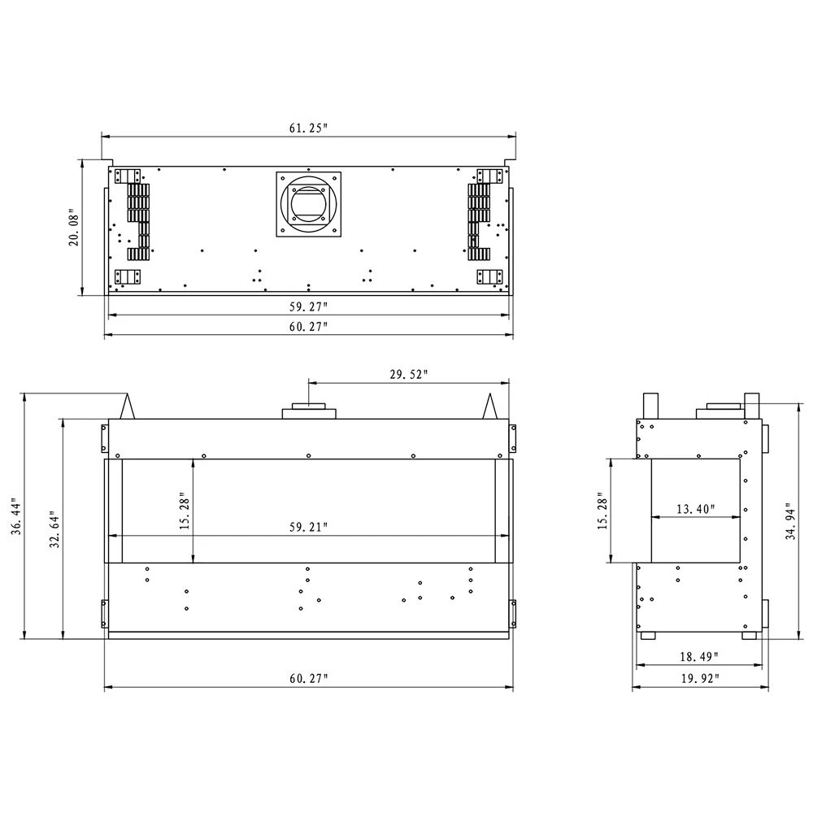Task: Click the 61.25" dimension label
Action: click(307, 128)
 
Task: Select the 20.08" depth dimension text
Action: click(75, 228)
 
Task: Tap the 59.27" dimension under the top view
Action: click(307, 307)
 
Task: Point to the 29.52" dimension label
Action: click(408, 374)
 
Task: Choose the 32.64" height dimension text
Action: click(54, 530)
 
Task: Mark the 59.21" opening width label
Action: click(307, 527)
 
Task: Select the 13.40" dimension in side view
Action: click(695, 510)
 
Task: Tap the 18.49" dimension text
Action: click(698, 656)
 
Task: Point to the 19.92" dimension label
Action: click(698, 679)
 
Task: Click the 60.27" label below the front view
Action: click(307, 679)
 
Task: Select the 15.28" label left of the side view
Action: click(602, 511)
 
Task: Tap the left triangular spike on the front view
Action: click(128, 406)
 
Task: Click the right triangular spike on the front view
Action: click(490, 406)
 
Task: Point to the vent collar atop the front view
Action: click(308, 411)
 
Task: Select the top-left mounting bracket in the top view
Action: click(128, 176)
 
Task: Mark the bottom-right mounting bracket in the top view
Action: click(489, 277)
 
